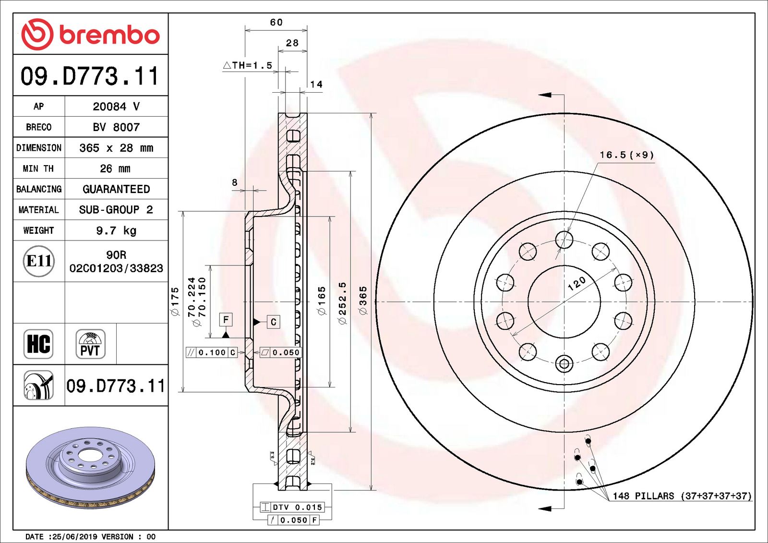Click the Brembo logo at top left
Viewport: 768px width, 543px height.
(90, 34)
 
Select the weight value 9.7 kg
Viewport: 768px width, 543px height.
(116, 230)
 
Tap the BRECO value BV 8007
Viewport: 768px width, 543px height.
(116, 127)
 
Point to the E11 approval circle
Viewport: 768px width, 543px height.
(38, 261)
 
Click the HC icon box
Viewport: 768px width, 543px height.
(38, 344)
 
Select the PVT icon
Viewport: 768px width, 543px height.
(90, 344)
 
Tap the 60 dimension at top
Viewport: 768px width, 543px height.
(276, 23)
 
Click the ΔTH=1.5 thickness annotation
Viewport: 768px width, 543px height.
(248, 65)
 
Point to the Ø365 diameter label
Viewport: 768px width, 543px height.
(363, 301)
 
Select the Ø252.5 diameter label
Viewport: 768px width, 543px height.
(343, 303)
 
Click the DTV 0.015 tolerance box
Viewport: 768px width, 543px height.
(292, 507)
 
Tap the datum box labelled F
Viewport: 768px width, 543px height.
(226, 319)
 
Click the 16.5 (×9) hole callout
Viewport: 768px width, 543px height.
(626, 155)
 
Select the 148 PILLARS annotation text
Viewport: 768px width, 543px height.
(682, 496)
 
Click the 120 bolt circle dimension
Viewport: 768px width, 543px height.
(576, 283)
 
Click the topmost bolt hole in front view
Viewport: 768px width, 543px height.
(564, 239)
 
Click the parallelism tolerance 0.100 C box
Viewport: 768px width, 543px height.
(212, 352)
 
